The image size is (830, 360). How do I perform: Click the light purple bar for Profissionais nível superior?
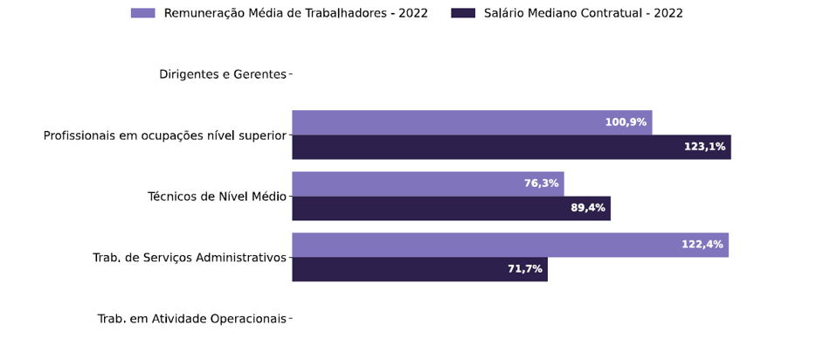pyautogui.click(x=446, y=122)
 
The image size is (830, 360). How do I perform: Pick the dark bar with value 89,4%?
pyautogui.click(x=428, y=208)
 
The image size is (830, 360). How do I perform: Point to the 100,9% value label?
pyautogui.click(x=626, y=122)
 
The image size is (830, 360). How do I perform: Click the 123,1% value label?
pyautogui.click(x=704, y=147)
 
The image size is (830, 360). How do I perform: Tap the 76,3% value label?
pyautogui.click(x=541, y=183)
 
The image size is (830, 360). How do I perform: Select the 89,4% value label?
pyautogui.click(x=587, y=208)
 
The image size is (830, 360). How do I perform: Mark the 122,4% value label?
pyautogui.click(x=702, y=245)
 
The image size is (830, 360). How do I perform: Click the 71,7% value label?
pyautogui.click(x=524, y=269)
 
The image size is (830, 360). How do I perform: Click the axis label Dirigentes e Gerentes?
pyautogui.click(x=222, y=74)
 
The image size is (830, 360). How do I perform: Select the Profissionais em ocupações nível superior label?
pyautogui.click(x=164, y=135)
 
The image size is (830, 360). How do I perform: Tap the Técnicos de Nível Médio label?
pyautogui.click(x=217, y=197)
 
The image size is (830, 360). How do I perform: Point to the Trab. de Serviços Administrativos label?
pyautogui.click(x=189, y=258)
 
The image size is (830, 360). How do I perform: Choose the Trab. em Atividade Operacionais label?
pyautogui.click(x=191, y=319)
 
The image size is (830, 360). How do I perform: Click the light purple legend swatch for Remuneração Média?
pyautogui.click(x=142, y=13)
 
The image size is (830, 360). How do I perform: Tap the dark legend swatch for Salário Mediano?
pyautogui.click(x=463, y=13)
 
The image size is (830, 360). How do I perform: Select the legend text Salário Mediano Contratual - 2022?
pyautogui.click(x=583, y=13)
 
